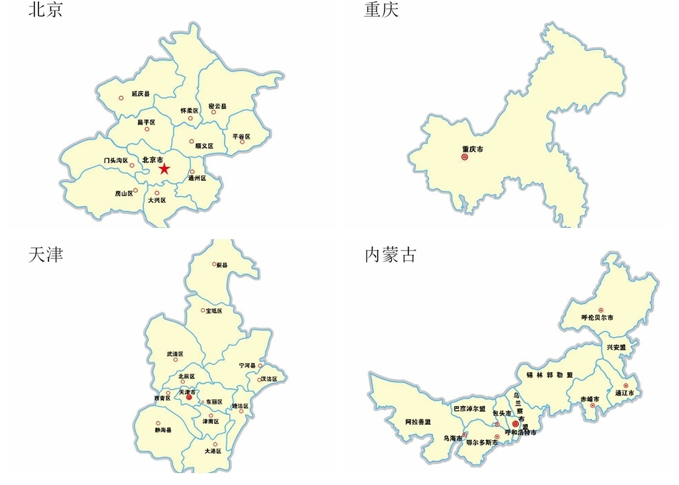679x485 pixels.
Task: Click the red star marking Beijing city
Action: click(x=164, y=169)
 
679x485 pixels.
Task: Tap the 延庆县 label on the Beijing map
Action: click(x=141, y=94)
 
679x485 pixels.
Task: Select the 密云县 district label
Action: click(x=217, y=106)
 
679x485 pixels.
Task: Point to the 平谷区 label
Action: click(x=242, y=136)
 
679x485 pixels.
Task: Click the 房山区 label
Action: click(x=124, y=193)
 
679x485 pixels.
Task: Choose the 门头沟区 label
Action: click(x=116, y=160)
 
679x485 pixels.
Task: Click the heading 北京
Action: click(x=45, y=10)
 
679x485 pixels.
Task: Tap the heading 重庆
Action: click(x=381, y=10)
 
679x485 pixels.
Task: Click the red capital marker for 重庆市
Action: click(x=464, y=158)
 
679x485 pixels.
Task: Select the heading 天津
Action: click(x=46, y=254)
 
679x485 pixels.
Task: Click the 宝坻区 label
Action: click(x=214, y=311)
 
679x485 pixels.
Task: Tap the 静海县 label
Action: click(x=162, y=430)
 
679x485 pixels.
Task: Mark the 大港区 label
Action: click(x=213, y=451)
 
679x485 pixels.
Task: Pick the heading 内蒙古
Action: click(x=391, y=254)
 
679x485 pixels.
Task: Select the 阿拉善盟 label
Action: click(x=418, y=422)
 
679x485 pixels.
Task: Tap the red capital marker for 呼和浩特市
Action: click(x=515, y=423)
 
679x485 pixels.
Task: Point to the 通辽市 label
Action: click(x=625, y=393)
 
